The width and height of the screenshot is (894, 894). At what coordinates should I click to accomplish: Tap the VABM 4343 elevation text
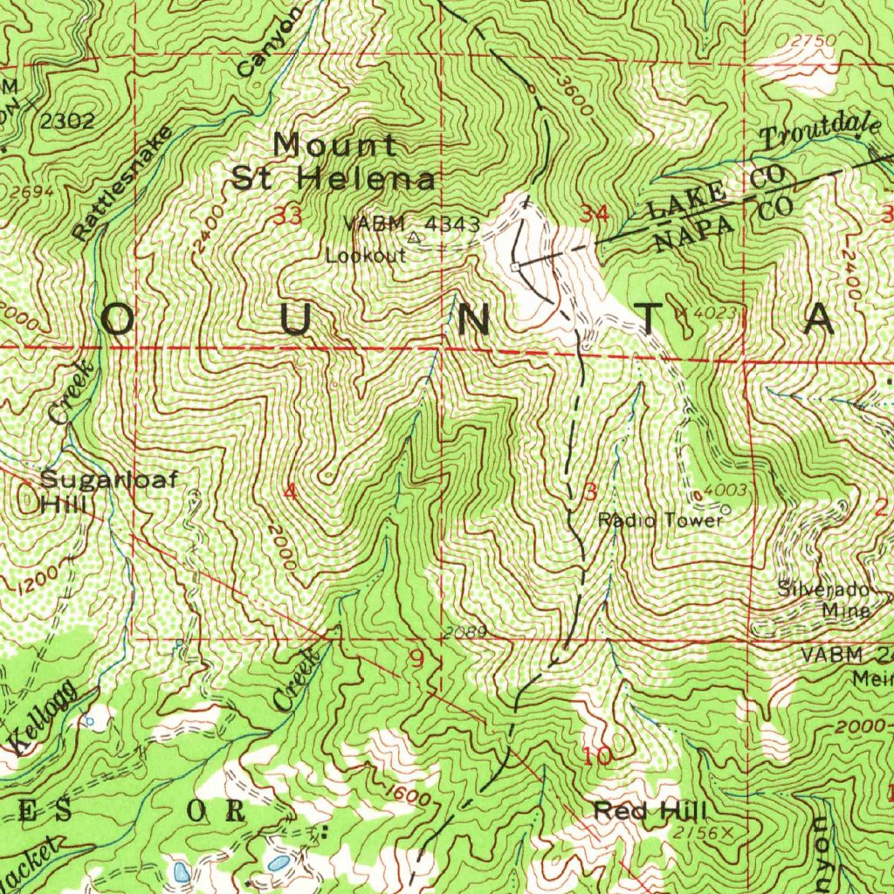[411, 224]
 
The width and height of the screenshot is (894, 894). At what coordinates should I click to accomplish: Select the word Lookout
[366, 256]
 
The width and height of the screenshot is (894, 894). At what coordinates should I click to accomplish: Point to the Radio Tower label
[661, 521]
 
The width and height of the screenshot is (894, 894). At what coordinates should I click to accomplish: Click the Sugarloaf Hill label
[108, 491]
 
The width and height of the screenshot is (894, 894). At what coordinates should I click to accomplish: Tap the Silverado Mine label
[824, 599]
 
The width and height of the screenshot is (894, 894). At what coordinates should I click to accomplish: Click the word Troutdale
[821, 131]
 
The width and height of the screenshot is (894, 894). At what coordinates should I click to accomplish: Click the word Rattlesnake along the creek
[124, 182]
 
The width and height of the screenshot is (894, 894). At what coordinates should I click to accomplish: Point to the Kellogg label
[46, 719]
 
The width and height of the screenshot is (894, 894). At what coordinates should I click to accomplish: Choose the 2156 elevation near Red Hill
[699, 834]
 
